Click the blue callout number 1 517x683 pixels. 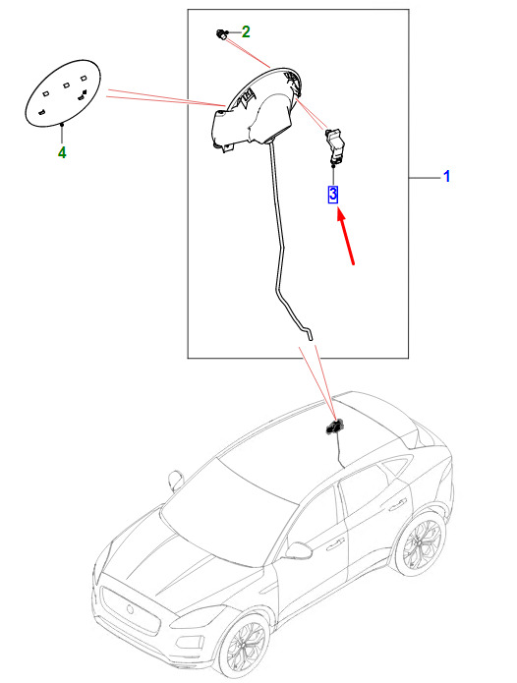coord(446,177)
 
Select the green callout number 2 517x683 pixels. coord(246,31)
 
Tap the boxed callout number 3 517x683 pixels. coord(333,195)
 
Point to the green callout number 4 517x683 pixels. coord(62,153)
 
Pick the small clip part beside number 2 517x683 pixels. coord(222,34)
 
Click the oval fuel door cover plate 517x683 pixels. coord(63,92)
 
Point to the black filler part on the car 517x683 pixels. coord(334,427)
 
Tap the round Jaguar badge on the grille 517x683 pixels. coord(130,609)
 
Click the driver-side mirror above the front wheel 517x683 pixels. coord(298,550)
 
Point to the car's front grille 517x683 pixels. coord(130,611)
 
